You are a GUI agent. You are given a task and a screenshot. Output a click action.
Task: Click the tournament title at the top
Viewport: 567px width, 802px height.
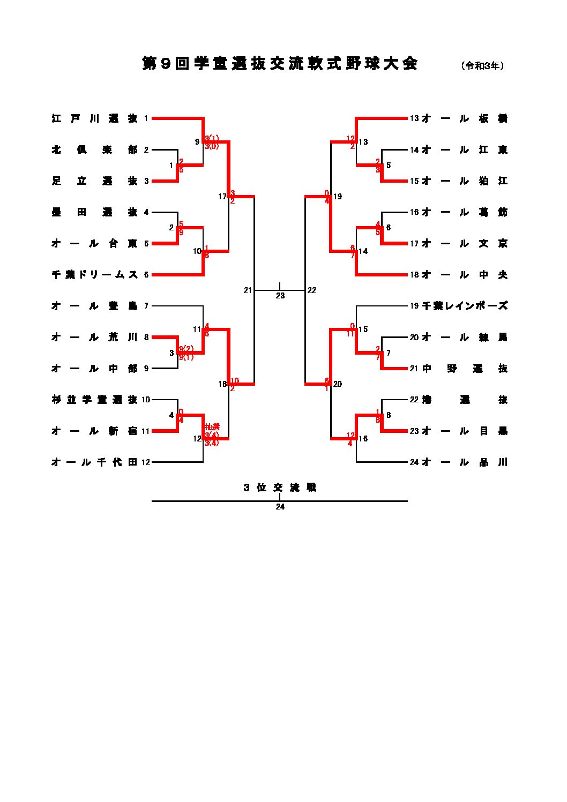tap(279, 64)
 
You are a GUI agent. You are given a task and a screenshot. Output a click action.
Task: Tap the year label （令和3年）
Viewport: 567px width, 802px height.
tap(482, 65)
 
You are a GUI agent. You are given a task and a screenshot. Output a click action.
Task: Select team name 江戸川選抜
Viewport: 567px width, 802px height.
tap(94, 118)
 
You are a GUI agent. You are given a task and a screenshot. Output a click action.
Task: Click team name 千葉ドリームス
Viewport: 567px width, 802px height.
tap(94, 275)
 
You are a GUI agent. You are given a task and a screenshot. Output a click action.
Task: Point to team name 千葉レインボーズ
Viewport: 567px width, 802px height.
tap(465, 306)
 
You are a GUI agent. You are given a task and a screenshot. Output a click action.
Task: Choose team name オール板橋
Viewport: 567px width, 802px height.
tap(465, 118)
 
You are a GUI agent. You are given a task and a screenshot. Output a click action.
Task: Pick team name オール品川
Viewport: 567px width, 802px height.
tap(465, 462)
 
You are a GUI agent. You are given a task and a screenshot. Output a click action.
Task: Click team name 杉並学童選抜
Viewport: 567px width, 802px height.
tap(94, 400)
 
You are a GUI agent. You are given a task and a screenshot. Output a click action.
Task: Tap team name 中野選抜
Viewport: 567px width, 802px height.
tap(465, 369)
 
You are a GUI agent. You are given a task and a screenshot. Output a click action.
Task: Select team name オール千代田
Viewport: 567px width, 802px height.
tap(94, 462)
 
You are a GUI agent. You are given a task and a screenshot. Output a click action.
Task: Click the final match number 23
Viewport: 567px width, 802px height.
tap(280, 296)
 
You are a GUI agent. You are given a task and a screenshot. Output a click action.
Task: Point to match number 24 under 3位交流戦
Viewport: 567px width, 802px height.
tap(280, 507)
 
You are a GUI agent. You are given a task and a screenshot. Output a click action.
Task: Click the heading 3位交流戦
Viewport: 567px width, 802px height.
tap(280, 488)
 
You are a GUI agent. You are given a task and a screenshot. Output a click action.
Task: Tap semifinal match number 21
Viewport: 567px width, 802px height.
tap(248, 290)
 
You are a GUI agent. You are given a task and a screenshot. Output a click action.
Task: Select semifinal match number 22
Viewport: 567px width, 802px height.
tap(312, 290)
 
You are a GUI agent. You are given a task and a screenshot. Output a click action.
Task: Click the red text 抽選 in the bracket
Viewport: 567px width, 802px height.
tap(212, 427)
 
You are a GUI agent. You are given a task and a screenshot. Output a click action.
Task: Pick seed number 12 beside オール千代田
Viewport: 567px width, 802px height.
tap(146, 462)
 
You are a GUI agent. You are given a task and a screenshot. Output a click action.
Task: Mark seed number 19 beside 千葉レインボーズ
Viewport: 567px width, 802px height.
tap(414, 306)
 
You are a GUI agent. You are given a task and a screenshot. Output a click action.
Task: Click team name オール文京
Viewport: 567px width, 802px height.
tap(465, 244)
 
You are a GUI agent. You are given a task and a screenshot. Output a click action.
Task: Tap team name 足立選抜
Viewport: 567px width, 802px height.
tap(94, 181)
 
